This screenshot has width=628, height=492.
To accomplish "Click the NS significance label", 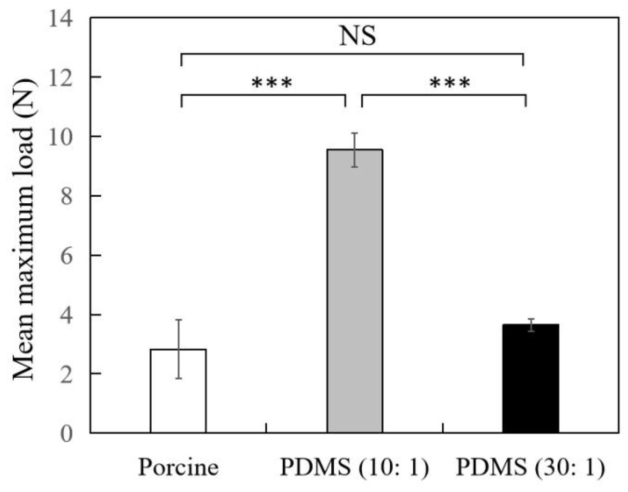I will point(358,36).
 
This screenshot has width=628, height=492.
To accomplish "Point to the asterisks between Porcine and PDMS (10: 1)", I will point(272,83).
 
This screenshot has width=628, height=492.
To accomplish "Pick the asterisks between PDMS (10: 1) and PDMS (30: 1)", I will point(450,83).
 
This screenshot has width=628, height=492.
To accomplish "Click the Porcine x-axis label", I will point(178,467).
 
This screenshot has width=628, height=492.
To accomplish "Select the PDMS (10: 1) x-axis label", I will point(354,467).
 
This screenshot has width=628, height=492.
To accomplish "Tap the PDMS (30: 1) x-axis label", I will point(530,467).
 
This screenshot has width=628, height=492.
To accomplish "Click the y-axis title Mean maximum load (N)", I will point(24,230).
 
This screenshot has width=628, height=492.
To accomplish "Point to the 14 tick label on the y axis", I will point(61,19).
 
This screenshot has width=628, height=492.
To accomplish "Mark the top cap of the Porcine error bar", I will point(178,320).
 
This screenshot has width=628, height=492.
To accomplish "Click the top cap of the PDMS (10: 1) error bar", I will point(355,133).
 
